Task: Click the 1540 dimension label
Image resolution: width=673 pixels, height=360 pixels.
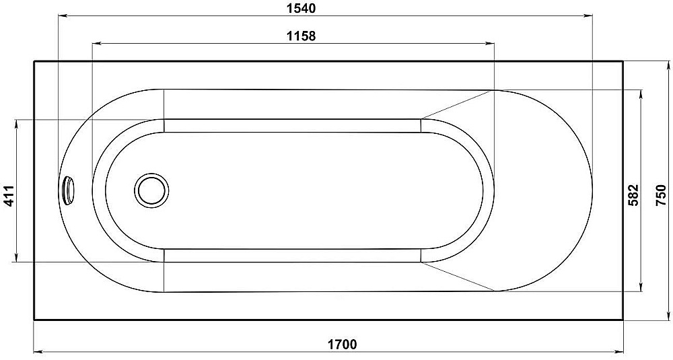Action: [302, 8]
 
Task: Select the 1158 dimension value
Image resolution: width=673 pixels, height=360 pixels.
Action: [302, 36]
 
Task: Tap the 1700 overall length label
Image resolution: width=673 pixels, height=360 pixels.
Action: [343, 344]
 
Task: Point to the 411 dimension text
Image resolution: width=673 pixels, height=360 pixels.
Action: [9, 196]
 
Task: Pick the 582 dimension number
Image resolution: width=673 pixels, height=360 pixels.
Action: [633, 195]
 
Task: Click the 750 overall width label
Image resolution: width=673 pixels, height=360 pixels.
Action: [662, 195]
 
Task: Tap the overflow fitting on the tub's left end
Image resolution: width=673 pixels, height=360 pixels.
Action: [68, 189]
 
